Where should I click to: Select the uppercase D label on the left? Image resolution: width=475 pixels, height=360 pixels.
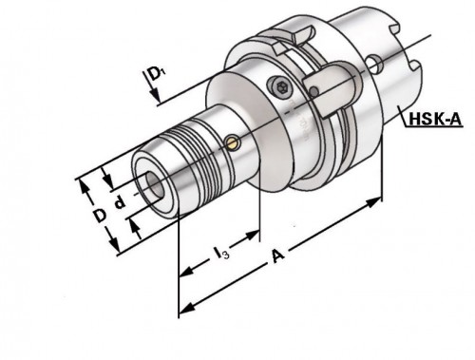pos(98,215)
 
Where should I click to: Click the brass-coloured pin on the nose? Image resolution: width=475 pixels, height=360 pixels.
pos(235,143)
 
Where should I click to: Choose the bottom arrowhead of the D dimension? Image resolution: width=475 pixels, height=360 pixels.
pos(120,252)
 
